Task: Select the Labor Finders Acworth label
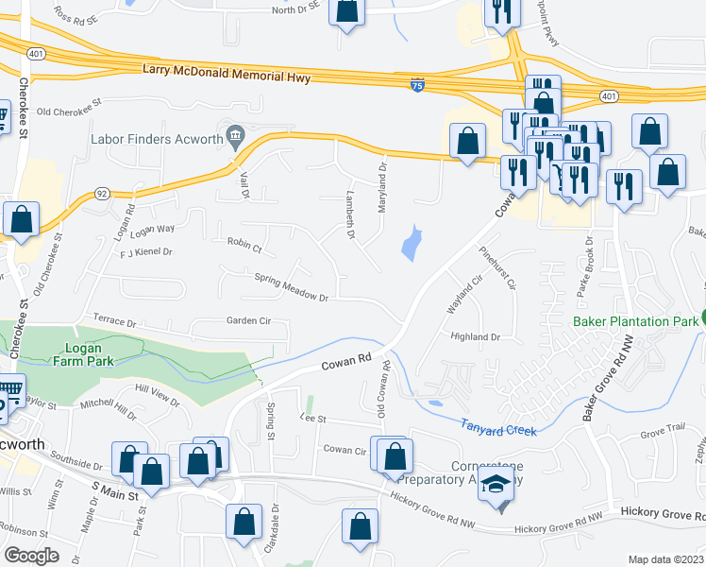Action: tap(156, 139)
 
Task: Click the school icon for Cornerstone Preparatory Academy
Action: tap(494, 485)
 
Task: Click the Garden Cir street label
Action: tap(248, 320)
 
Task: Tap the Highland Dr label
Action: tap(475, 336)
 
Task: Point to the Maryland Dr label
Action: tap(383, 186)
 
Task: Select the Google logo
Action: tap(31, 555)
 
